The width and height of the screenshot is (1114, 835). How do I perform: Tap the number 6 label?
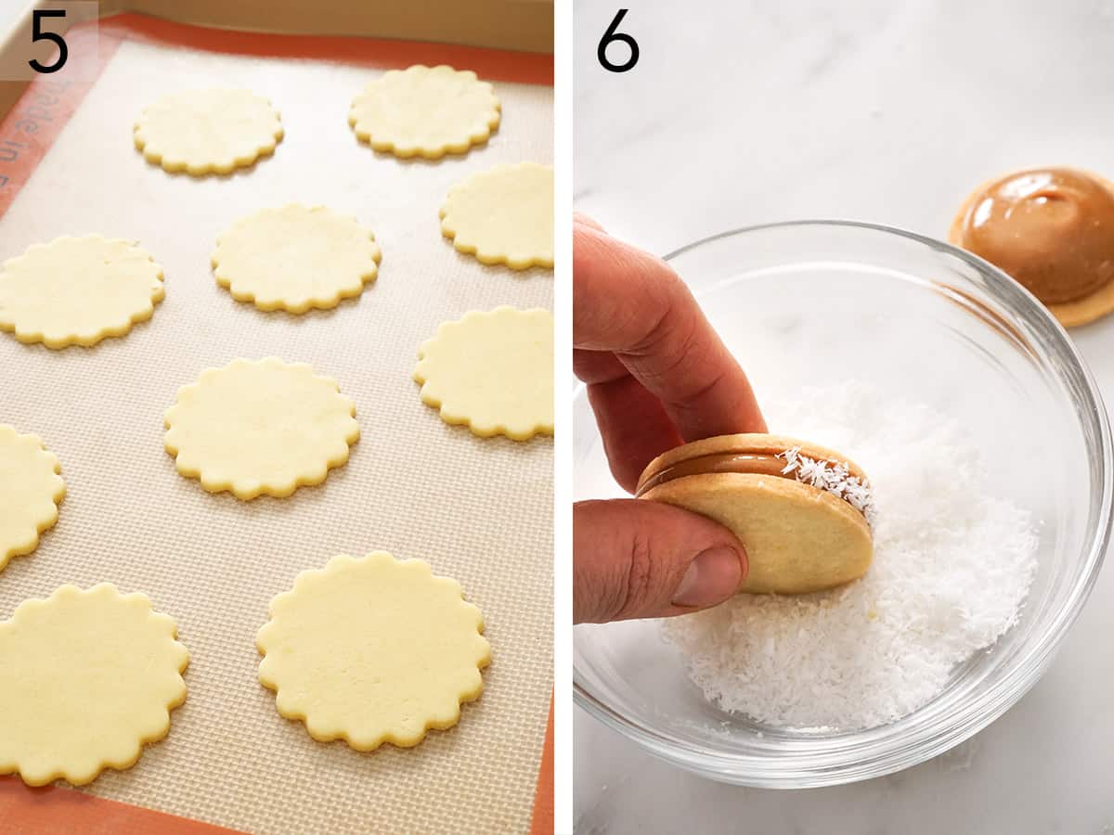click(x=617, y=41)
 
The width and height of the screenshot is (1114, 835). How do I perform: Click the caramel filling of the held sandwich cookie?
click(x=724, y=464)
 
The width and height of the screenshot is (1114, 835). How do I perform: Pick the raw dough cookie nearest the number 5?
click(x=208, y=130)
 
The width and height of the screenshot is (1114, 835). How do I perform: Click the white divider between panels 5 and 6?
click(x=563, y=417)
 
